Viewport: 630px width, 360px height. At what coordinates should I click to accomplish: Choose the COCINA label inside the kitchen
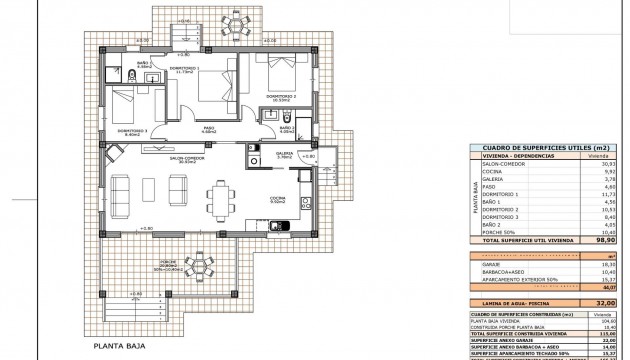pyautogui.click(x=278, y=199)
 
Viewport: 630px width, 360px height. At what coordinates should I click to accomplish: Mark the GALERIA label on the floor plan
pyautogui.click(x=284, y=154)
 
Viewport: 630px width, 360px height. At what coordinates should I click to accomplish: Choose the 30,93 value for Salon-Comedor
pyautogui.click(x=607, y=163)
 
